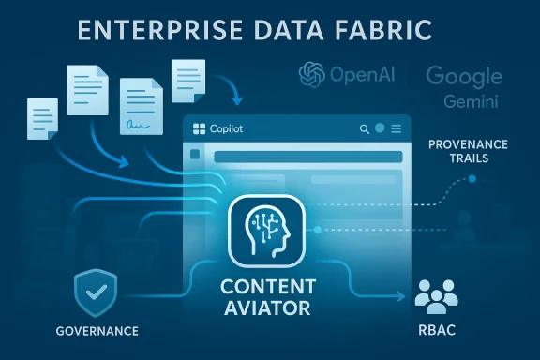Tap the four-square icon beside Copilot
point(197,128)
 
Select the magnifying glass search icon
point(363,128)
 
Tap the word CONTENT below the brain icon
point(271,285)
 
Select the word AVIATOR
point(271,307)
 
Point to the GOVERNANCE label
point(97,331)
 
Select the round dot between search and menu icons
point(380,128)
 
